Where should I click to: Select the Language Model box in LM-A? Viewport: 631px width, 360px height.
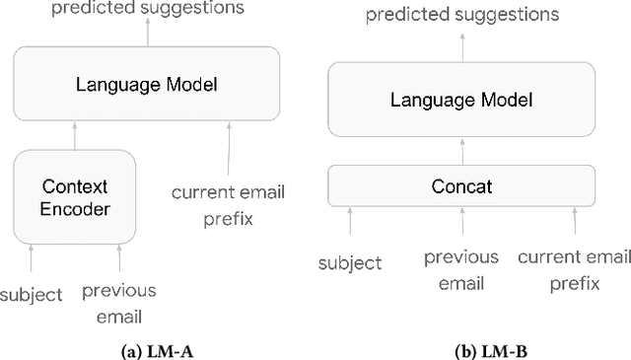(145, 85)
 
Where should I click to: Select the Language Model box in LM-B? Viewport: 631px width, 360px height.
(461, 100)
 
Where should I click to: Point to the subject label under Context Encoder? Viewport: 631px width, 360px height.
(32, 294)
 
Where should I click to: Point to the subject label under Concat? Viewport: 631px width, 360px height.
(350, 263)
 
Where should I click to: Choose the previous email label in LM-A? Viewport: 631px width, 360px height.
(118, 303)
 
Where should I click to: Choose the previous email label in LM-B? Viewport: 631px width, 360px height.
(460, 270)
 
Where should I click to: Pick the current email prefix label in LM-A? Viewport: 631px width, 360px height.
(228, 205)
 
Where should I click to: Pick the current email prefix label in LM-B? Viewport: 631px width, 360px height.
(573, 270)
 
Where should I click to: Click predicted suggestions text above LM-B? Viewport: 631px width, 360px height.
(461, 15)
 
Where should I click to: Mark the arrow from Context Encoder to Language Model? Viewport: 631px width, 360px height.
(75, 134)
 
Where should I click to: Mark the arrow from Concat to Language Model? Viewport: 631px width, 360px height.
(461, 150)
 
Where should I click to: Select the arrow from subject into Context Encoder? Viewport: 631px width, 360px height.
(32, 258)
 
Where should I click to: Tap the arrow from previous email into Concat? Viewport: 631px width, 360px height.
(460, 224)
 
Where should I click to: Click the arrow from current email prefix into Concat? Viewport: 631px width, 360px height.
(573, 224)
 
